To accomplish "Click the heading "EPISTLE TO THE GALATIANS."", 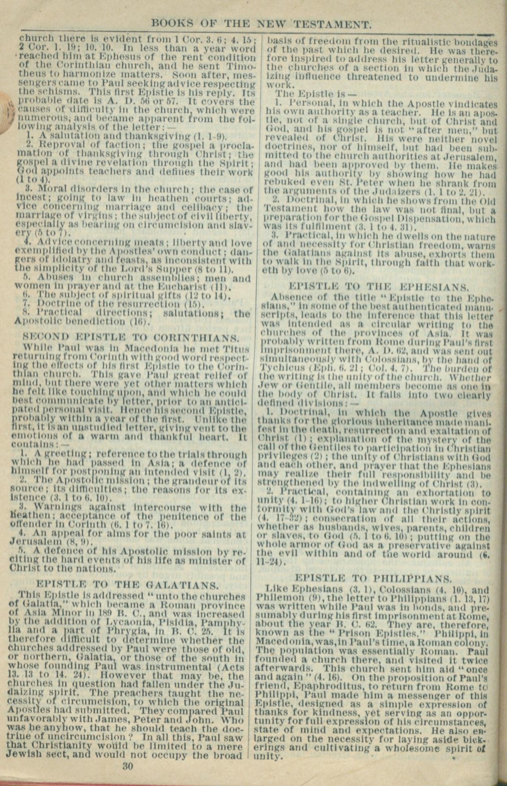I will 127,585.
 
